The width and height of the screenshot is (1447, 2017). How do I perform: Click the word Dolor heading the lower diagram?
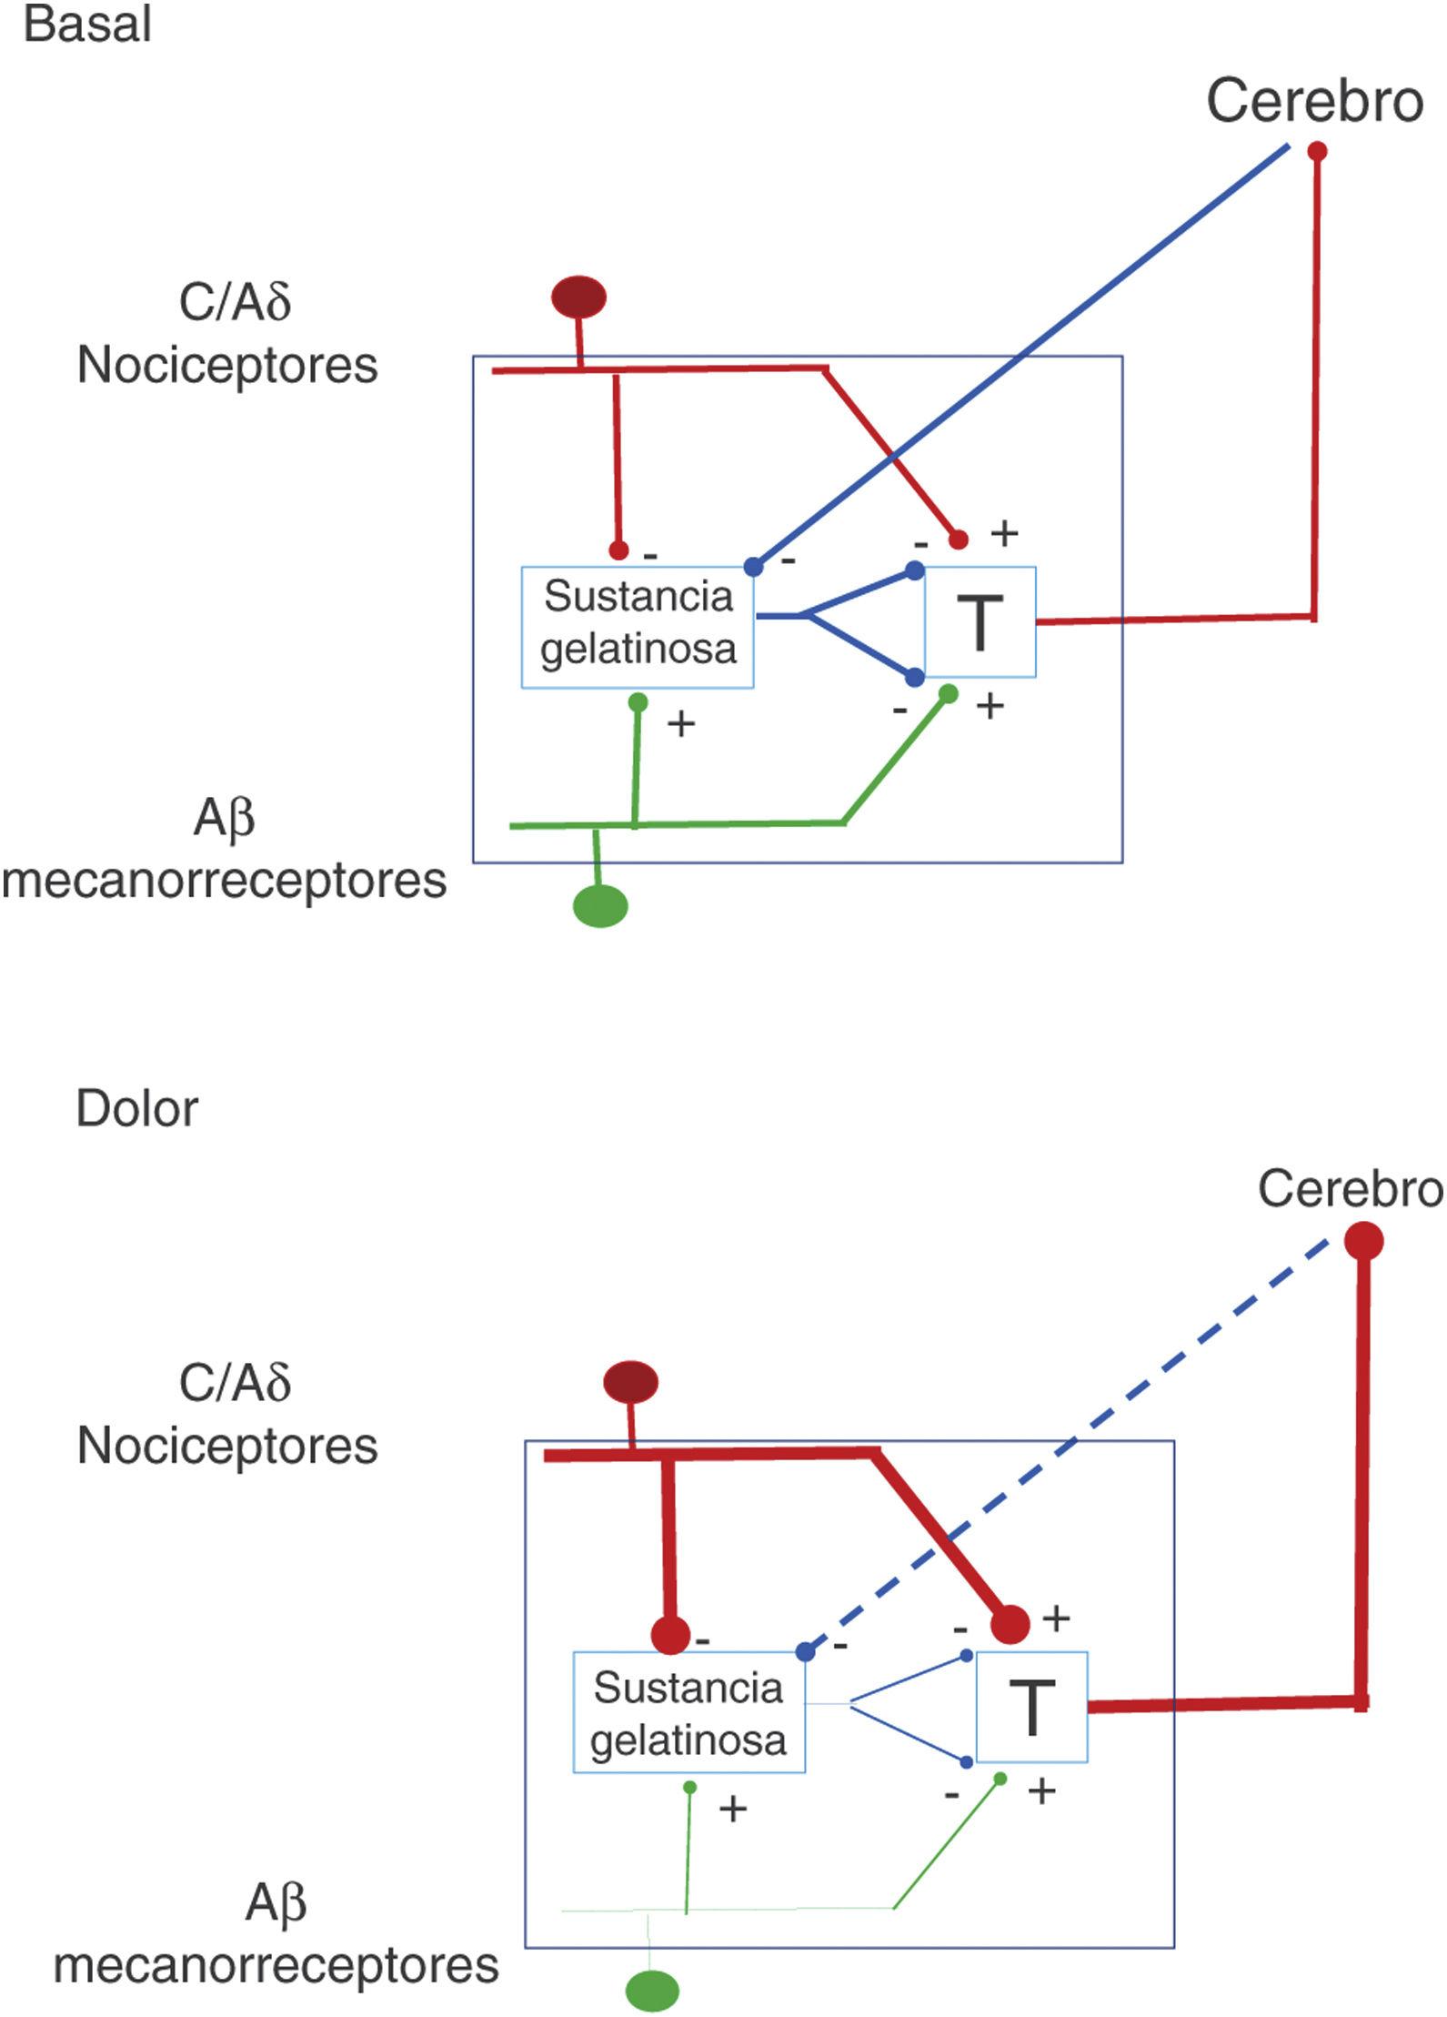[136, 1109]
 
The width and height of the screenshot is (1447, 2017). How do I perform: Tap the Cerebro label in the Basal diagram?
[1314, 101]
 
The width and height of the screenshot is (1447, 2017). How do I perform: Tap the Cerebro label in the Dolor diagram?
[1350, 1188]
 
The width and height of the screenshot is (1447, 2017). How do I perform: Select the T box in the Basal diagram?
[980, 623]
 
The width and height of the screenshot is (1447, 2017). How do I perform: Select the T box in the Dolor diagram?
[1032, 1708]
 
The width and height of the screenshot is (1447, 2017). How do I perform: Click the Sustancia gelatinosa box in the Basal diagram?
[638, 627]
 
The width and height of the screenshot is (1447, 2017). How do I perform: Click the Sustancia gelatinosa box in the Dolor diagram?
[688, 1712]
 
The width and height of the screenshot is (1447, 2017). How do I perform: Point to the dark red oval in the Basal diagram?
[578, 298]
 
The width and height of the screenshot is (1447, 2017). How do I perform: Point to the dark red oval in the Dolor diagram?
[630, 1383]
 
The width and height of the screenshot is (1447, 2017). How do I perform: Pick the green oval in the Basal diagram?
[600, 906]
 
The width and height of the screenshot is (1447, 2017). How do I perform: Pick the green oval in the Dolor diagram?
[652, 1989]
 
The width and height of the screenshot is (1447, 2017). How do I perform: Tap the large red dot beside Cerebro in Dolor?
[1364, 1241]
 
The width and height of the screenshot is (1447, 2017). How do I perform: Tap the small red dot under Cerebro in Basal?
[1316, 151]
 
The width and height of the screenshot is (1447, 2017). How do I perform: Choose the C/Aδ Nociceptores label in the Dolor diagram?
[228, 1415]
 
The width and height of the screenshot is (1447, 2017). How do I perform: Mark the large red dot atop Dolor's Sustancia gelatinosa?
[671, 1635]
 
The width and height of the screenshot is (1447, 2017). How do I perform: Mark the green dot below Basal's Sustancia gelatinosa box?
[638, 702]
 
